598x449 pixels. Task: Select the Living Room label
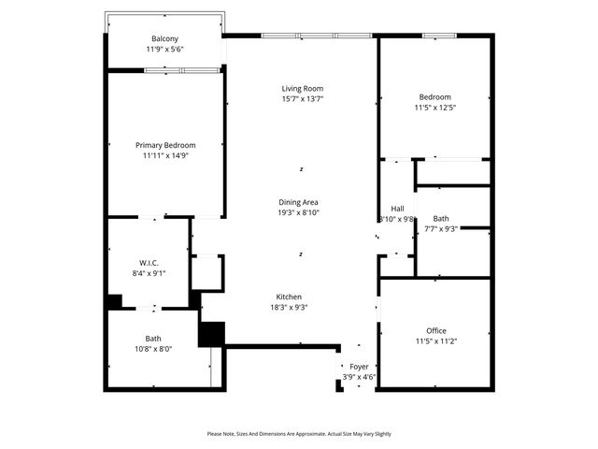click(x=301, y=89)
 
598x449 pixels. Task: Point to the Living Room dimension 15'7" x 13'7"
click(x=301, y=99)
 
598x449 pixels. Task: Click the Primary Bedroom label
click(x=165, y=145)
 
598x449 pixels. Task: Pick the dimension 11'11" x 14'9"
click(x=165, y=156)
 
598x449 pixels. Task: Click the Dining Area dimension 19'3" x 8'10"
click(x=299, y=212)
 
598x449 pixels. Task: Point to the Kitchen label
click(x=288, y=297)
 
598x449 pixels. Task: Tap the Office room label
click(x=435, y=330)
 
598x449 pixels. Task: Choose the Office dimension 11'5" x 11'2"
click(x=435, y=340)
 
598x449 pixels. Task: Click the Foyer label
click(x=359, y=367)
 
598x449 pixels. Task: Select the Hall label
click(x=397, y=209)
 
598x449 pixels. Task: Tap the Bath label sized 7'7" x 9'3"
click(x=441, y=218)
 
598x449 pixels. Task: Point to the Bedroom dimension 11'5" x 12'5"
click(x=434, y=108)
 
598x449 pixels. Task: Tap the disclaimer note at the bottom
click(x=299, y=434)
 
